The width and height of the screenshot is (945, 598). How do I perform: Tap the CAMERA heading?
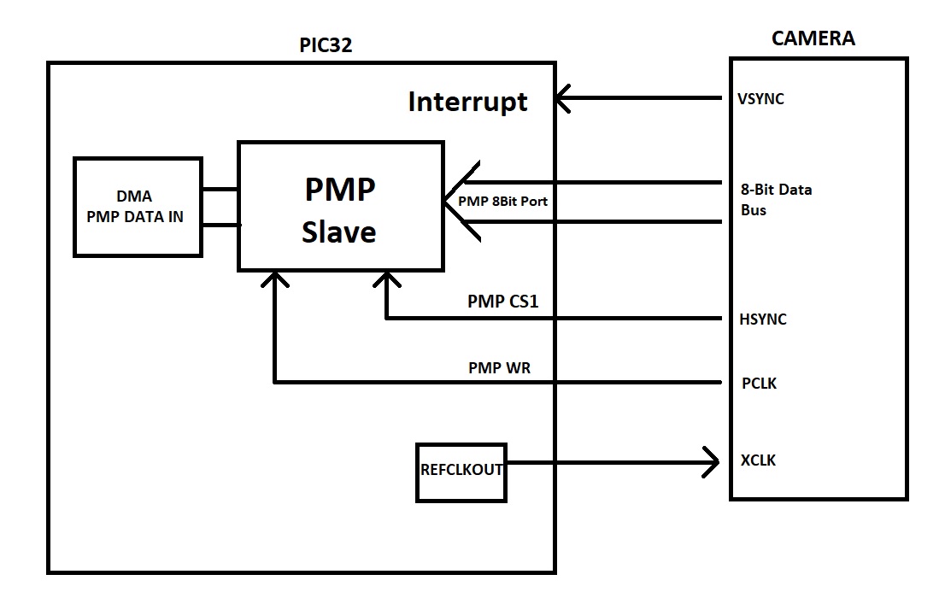click(813, 38)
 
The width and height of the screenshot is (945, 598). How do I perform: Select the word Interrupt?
click(467, 102)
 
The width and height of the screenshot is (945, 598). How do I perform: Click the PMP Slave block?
click(340, 208)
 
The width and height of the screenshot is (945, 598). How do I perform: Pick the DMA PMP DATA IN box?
click(138, 207)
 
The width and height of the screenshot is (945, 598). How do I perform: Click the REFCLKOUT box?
click(461, 471)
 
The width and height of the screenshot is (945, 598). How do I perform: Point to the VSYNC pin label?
click(760, 99)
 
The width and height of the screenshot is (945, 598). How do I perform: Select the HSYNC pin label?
click(762, 320)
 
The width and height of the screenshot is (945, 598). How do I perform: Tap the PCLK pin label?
click(759, 384)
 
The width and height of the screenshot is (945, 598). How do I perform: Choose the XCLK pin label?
click(759, 460)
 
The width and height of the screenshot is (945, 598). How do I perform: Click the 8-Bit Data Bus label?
click(776, 200)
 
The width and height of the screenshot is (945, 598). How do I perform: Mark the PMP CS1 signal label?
click(503, 302)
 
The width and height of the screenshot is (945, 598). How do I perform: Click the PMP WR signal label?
click(500, 368)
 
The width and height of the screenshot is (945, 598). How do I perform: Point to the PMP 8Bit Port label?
click(502, 202)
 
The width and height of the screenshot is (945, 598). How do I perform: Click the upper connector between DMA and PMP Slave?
click(220, 189)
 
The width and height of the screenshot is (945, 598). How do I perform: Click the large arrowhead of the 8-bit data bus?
click(460, 202)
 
